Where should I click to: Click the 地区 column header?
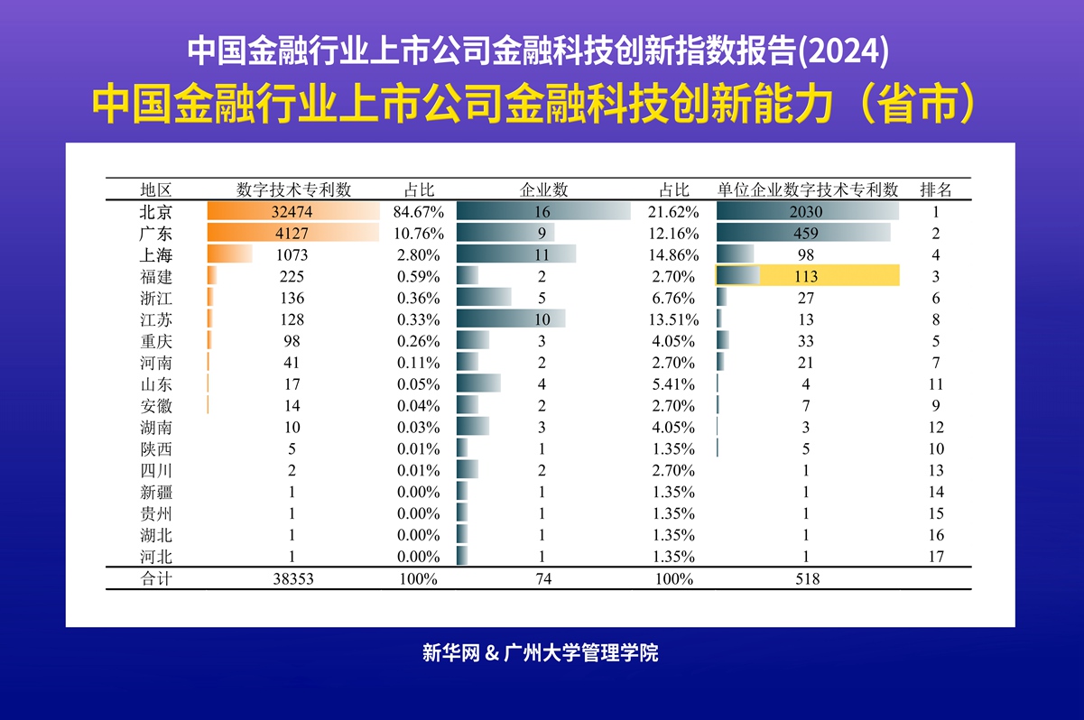pos(156,189)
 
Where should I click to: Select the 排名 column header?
pos(936,189)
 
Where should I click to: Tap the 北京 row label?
pos(156,212)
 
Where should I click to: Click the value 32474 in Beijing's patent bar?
pos(292,212)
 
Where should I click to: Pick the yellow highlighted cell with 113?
pos(807,276)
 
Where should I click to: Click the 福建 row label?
pos(156,276)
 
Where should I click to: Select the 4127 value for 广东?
pos(292,234)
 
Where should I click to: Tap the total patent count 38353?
pos(292,579)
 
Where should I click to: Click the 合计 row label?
pos(156,579)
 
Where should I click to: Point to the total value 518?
pos(807,579)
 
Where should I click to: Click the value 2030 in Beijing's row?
pos(807,212)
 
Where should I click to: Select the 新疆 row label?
pos(156,492)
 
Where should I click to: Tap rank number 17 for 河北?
pos(936,557)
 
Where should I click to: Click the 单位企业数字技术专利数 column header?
pos(808,189)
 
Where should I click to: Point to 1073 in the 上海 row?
pos(292,255)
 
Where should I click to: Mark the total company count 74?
pos(543,579)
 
